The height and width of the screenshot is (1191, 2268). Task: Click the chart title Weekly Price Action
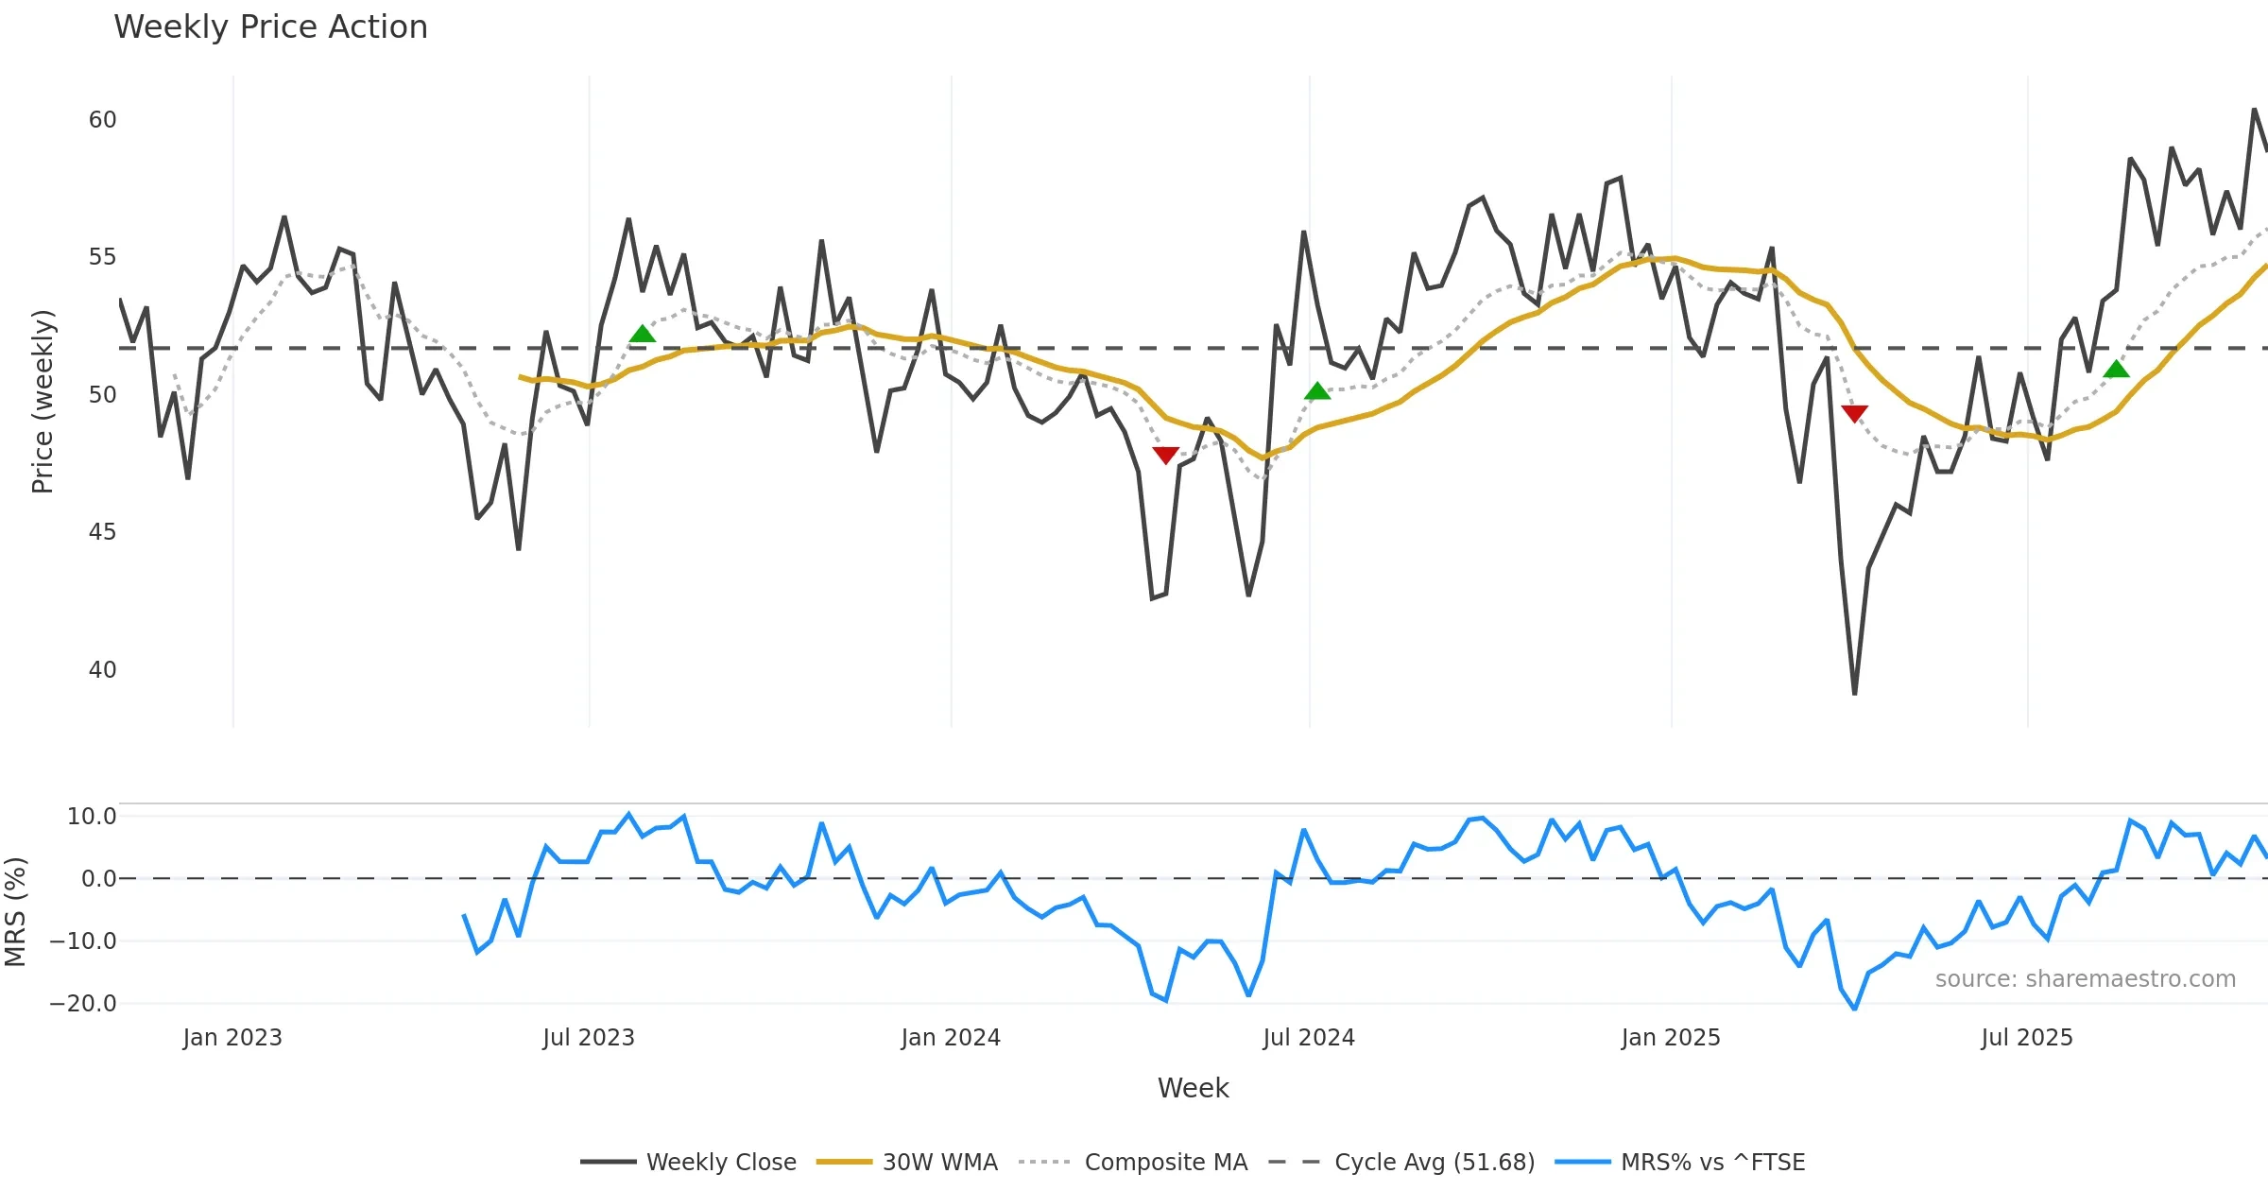point(270,27)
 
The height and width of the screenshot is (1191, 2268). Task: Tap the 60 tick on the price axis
point(102,120)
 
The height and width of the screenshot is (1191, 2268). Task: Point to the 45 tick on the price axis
point(102,532)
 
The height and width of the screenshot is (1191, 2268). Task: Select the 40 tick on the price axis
point(102,670)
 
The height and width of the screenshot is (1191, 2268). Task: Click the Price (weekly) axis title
point(43,402)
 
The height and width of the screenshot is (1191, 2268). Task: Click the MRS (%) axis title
point(15,911)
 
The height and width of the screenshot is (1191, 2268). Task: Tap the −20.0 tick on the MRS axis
point(83,1003)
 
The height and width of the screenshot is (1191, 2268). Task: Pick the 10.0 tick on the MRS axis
point(92,817)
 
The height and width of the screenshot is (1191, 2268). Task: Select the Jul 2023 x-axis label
point(589,1038)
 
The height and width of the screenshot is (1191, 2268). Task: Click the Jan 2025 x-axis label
point(1671,1038)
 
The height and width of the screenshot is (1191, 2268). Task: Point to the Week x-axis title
point(1193,1089)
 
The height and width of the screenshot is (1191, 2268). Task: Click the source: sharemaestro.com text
point(2085,979)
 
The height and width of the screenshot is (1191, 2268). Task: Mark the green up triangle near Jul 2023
point(643,334)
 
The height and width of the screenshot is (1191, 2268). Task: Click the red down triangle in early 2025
point(1854,413)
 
